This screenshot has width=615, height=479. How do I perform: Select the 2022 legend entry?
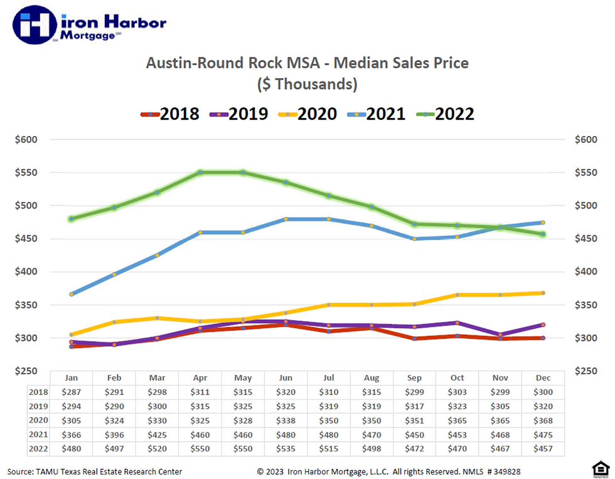[x=446, y=113]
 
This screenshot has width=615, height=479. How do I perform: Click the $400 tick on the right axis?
[x=586, y=271]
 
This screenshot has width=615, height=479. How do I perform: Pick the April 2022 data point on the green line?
[x=200, y=172]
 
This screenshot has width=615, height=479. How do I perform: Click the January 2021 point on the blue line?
[x=72, y=293]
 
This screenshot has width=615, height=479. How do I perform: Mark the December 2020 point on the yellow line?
[x=543, y=293]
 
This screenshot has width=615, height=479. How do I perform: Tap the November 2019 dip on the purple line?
[x=500, y=335]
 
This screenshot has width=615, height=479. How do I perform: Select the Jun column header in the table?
[x=286, y=378]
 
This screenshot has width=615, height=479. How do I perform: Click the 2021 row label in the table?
[x=38, y=434]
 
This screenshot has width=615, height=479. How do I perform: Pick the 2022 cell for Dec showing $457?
[x=543, y=448]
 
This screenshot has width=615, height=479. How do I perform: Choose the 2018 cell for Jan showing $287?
[x=72, y=392]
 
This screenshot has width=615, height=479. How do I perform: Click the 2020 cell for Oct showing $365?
[x=457, y=420]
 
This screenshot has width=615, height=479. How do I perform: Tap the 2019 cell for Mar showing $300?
[x=157, y=406]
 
